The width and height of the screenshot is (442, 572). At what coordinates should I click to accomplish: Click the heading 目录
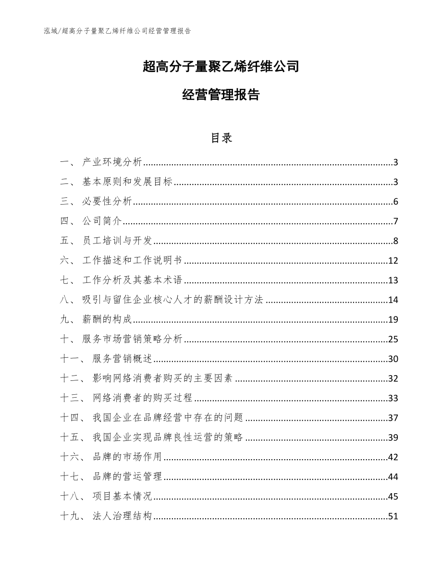tap(221, 138)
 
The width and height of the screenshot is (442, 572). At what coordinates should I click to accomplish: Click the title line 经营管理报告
tap(221, 95)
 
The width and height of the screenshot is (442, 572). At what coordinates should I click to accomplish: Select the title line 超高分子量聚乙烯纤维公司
tap(221, 66)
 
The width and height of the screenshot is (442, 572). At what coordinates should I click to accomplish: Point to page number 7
tap(395, 221)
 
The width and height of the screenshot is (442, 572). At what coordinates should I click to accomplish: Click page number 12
tap(393, 261)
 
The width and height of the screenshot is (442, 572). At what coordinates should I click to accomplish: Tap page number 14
tap(393, 300)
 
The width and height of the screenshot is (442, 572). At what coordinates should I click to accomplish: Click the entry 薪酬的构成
tap(106, 320)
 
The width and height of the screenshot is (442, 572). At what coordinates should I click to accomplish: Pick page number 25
tap(393, 340)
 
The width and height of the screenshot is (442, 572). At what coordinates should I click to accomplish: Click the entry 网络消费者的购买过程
tap(143, 398)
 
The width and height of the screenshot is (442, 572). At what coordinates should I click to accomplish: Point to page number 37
tap(393, 418)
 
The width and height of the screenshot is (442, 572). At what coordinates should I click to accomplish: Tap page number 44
tap(393, 477)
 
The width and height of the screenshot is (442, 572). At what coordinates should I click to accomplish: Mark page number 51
tap(393, 516)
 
